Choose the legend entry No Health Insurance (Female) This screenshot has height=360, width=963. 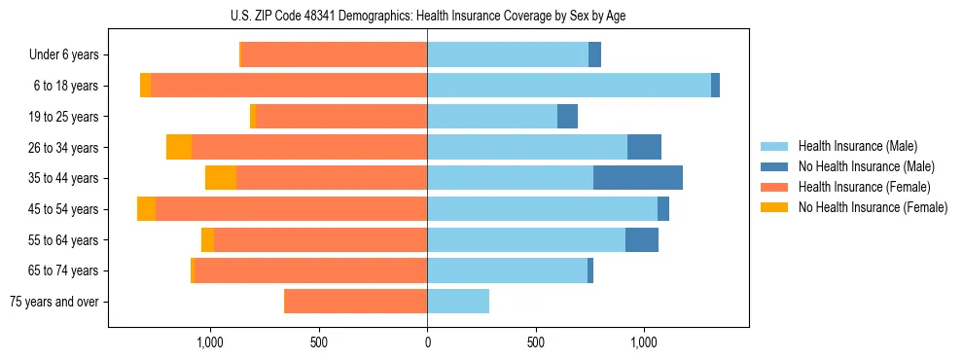[873, 207]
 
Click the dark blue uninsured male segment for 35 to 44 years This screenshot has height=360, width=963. [638, 178]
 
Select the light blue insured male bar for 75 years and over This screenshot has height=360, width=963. [458, 302]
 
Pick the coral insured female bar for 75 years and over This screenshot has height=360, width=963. [356, 302]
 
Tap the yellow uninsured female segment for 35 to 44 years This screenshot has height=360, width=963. [221, 178]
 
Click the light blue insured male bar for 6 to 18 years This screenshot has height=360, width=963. [569, 86]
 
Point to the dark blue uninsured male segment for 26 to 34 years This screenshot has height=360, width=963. [644, 147]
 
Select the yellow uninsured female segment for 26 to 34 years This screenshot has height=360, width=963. [179, 147]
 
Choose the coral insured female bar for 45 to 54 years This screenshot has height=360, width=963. [292, 209]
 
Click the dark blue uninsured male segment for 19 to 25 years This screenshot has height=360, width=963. [567, 117]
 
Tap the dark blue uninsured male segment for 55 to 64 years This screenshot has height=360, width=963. [642, 240]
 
